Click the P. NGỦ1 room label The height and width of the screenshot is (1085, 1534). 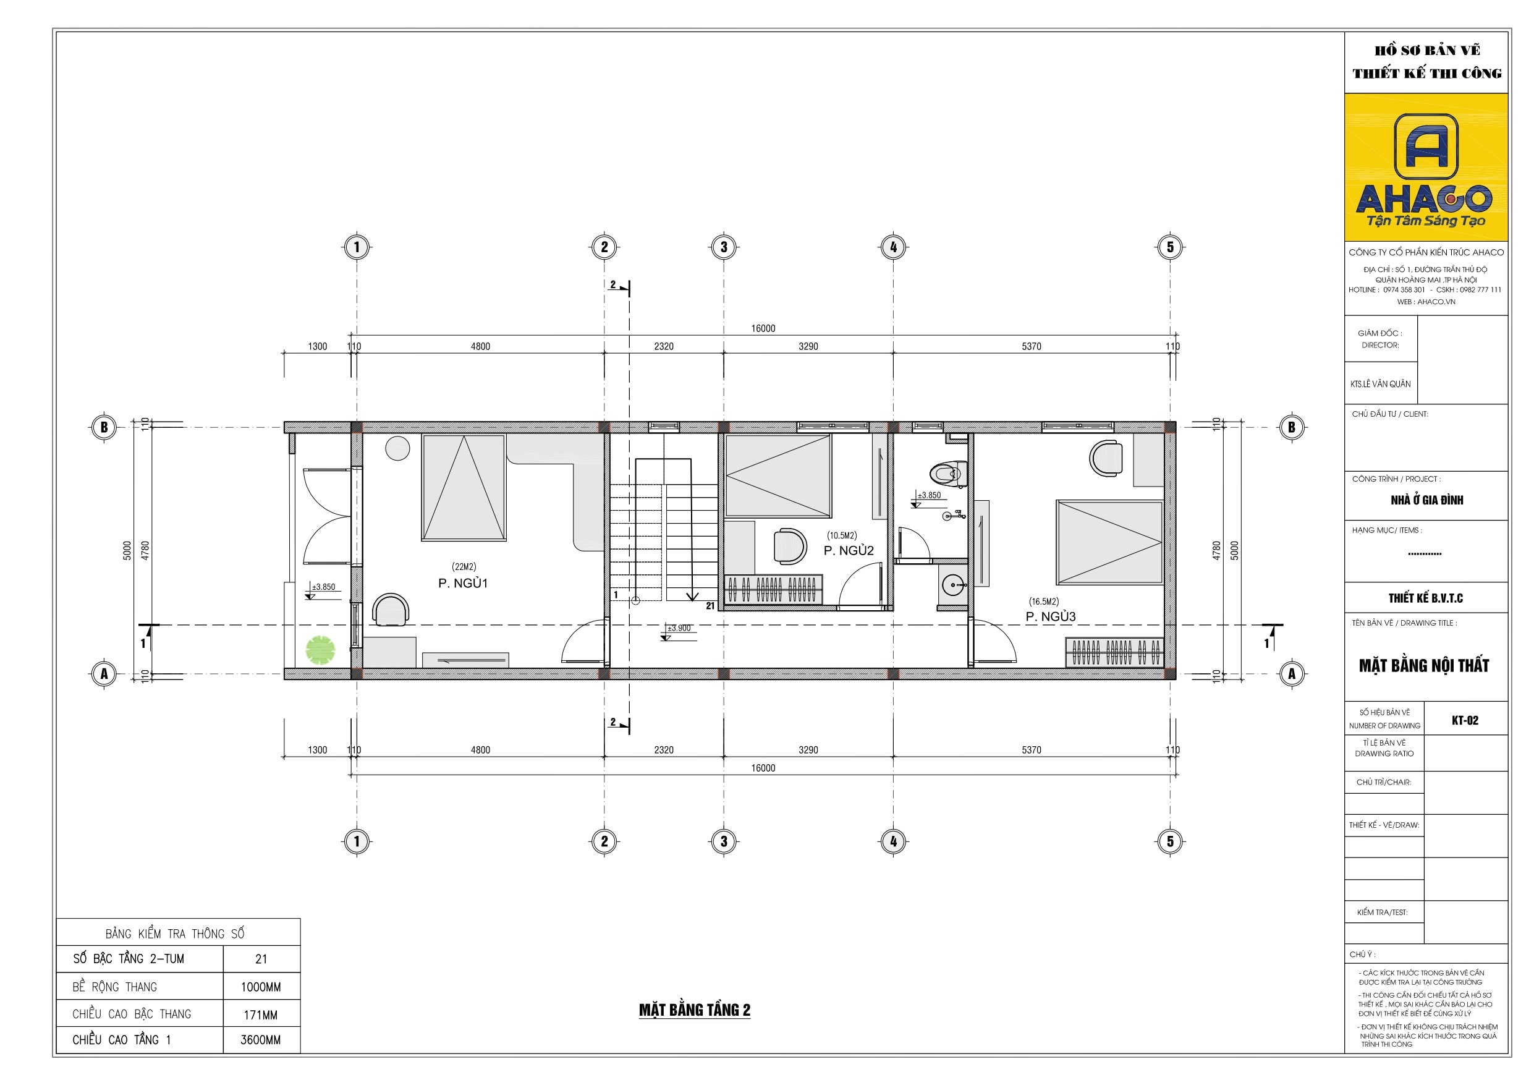[x=463, y=583]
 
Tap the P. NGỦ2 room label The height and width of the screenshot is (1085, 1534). [x=849, y=550]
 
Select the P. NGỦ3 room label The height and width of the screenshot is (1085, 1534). [x=1050, y=616]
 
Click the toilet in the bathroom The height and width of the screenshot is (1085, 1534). [x=949, y=475]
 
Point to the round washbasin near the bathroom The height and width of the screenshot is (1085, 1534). [x=954, y=585]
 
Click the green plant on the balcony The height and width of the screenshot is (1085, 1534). [x=320, y=650]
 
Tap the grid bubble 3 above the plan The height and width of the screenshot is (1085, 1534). [x=724, y=247]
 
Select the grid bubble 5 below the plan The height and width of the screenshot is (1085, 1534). [x=1170, y=841]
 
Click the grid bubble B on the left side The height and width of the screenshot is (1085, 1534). [x=104, y=427]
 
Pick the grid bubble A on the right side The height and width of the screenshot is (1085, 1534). [x=1292, y=673]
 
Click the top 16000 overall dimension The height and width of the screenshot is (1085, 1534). [x=763, y=328]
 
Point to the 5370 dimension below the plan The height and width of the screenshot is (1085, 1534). [x=1031, y=750]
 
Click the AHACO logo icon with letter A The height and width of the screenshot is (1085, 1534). [x=1426, y=147]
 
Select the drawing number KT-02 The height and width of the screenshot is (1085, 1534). [x=1465, y=720]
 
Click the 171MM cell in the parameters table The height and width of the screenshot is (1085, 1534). [x=261, y=1015]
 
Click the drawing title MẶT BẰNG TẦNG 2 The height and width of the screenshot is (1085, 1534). [x=694, y=1010]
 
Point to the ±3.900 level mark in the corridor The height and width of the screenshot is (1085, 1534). [x=679, y=628]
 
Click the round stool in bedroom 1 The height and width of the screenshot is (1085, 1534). [x=397, y=448]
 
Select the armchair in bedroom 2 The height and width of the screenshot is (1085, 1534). [x=790, y=546]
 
